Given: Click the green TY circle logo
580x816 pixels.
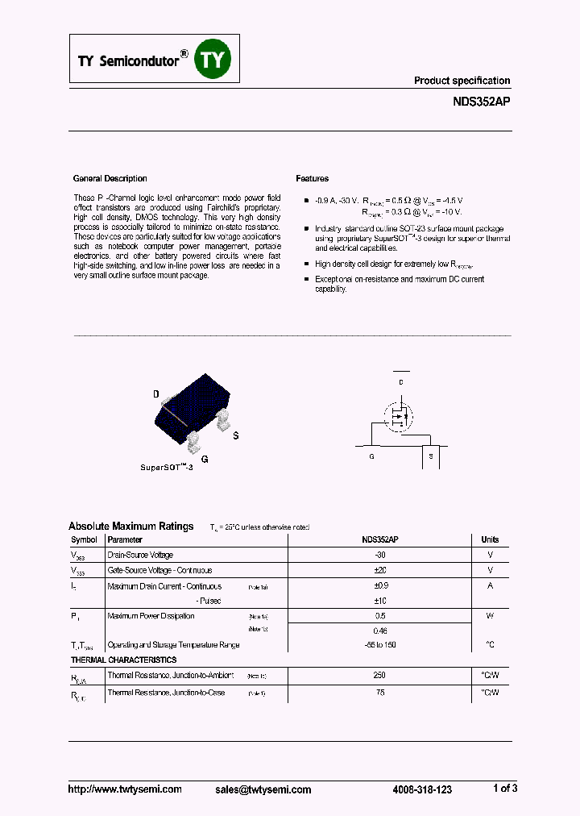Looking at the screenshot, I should (213, 60).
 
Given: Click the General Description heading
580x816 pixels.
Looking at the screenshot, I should (110, 178).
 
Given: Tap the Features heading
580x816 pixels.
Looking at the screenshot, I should (313, 178).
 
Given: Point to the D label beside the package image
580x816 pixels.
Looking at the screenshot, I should (156, 394).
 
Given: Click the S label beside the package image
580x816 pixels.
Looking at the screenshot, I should (236, 436).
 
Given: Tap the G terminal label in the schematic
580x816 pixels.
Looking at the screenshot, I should (371, 456).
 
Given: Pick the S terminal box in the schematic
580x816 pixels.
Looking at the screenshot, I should (431, 456).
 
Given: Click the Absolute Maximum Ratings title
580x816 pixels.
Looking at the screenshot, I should (131, 527).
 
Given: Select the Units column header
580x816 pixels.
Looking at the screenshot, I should (490, 539).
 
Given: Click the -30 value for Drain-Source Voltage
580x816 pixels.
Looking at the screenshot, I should (379, 555).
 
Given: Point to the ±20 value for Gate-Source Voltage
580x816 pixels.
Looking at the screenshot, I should (379, 570).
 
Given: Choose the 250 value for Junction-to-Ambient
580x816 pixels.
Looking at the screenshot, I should (379, 676).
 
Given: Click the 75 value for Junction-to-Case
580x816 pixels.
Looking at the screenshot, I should (379, 693).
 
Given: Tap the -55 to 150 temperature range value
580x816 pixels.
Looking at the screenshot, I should (379, 644).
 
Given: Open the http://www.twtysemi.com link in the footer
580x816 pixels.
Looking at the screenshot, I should (125, 789).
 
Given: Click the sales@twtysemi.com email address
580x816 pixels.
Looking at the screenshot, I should (263, 789).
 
